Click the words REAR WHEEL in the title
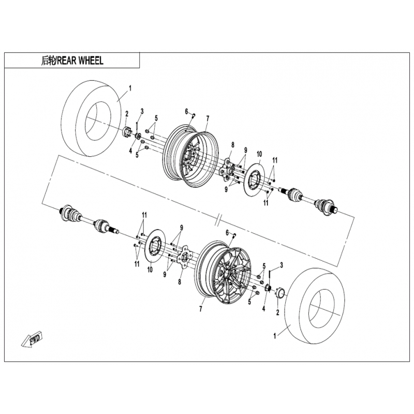[80, 61]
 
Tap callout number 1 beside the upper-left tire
[130, 88]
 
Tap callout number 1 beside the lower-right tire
[275, 336]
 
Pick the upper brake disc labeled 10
[254, 180]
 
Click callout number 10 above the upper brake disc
[259, 154]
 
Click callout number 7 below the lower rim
[200, 309]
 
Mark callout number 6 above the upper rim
[186, 112]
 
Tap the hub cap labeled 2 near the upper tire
[127, 132]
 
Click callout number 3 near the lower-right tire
[282, 265]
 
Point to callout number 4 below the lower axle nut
[263, 308]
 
